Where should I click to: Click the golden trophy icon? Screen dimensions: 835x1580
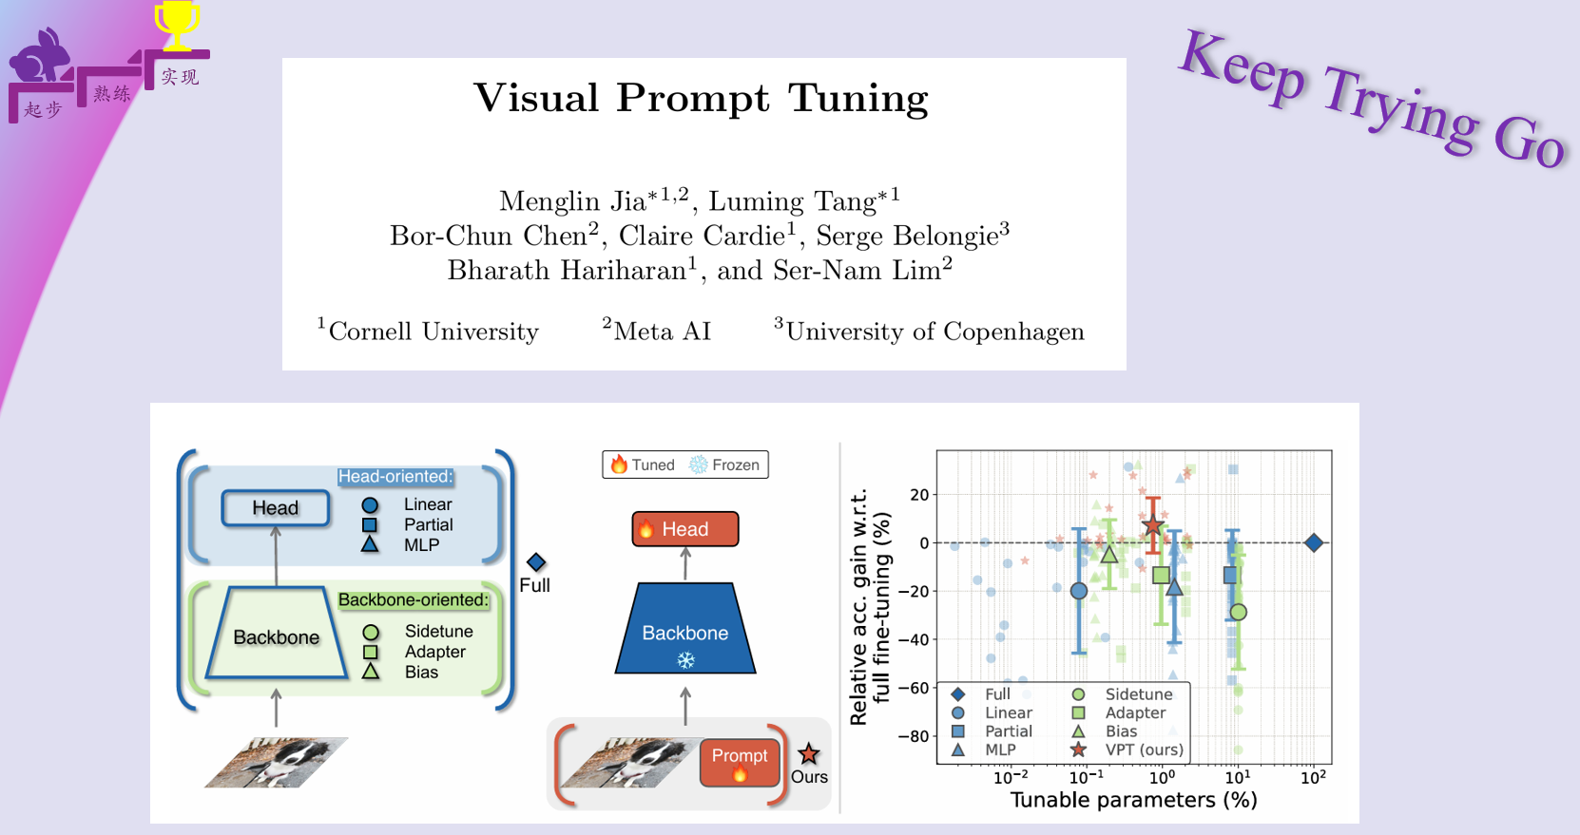pyautogui.click(x=177, y=25)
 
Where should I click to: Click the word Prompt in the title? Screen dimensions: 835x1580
pyautogui.click(x=692, y=99)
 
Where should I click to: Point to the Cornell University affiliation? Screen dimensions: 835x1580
pyautogui.click(x=429, y=332)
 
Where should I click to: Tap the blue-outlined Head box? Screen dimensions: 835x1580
pyautogui.click(x=276, y=508)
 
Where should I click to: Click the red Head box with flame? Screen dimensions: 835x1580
pyautogui.click(x=685, y=529)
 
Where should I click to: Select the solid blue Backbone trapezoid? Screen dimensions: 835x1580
pyautogui.click(x=685, y=629)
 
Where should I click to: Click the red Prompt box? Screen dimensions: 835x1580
pyautogui.click(x=740, y=762)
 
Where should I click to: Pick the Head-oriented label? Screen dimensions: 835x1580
pyautogui.click(x=395, y=477)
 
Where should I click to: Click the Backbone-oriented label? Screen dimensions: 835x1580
pyautogui.click(x=414, y=600)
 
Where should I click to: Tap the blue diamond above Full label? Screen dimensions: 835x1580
pyautogui.click(x=536, y=562)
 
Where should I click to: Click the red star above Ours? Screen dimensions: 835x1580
pyautogui.click(x=809, y=754)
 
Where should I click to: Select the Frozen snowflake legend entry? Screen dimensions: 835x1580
pyautogui.click(x=726, y=465)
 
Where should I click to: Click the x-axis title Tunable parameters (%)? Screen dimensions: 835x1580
pyautogui.click(x=1133, y=800)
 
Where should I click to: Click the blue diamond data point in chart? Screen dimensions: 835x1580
pyautogui.click(x=1314, y=542)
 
